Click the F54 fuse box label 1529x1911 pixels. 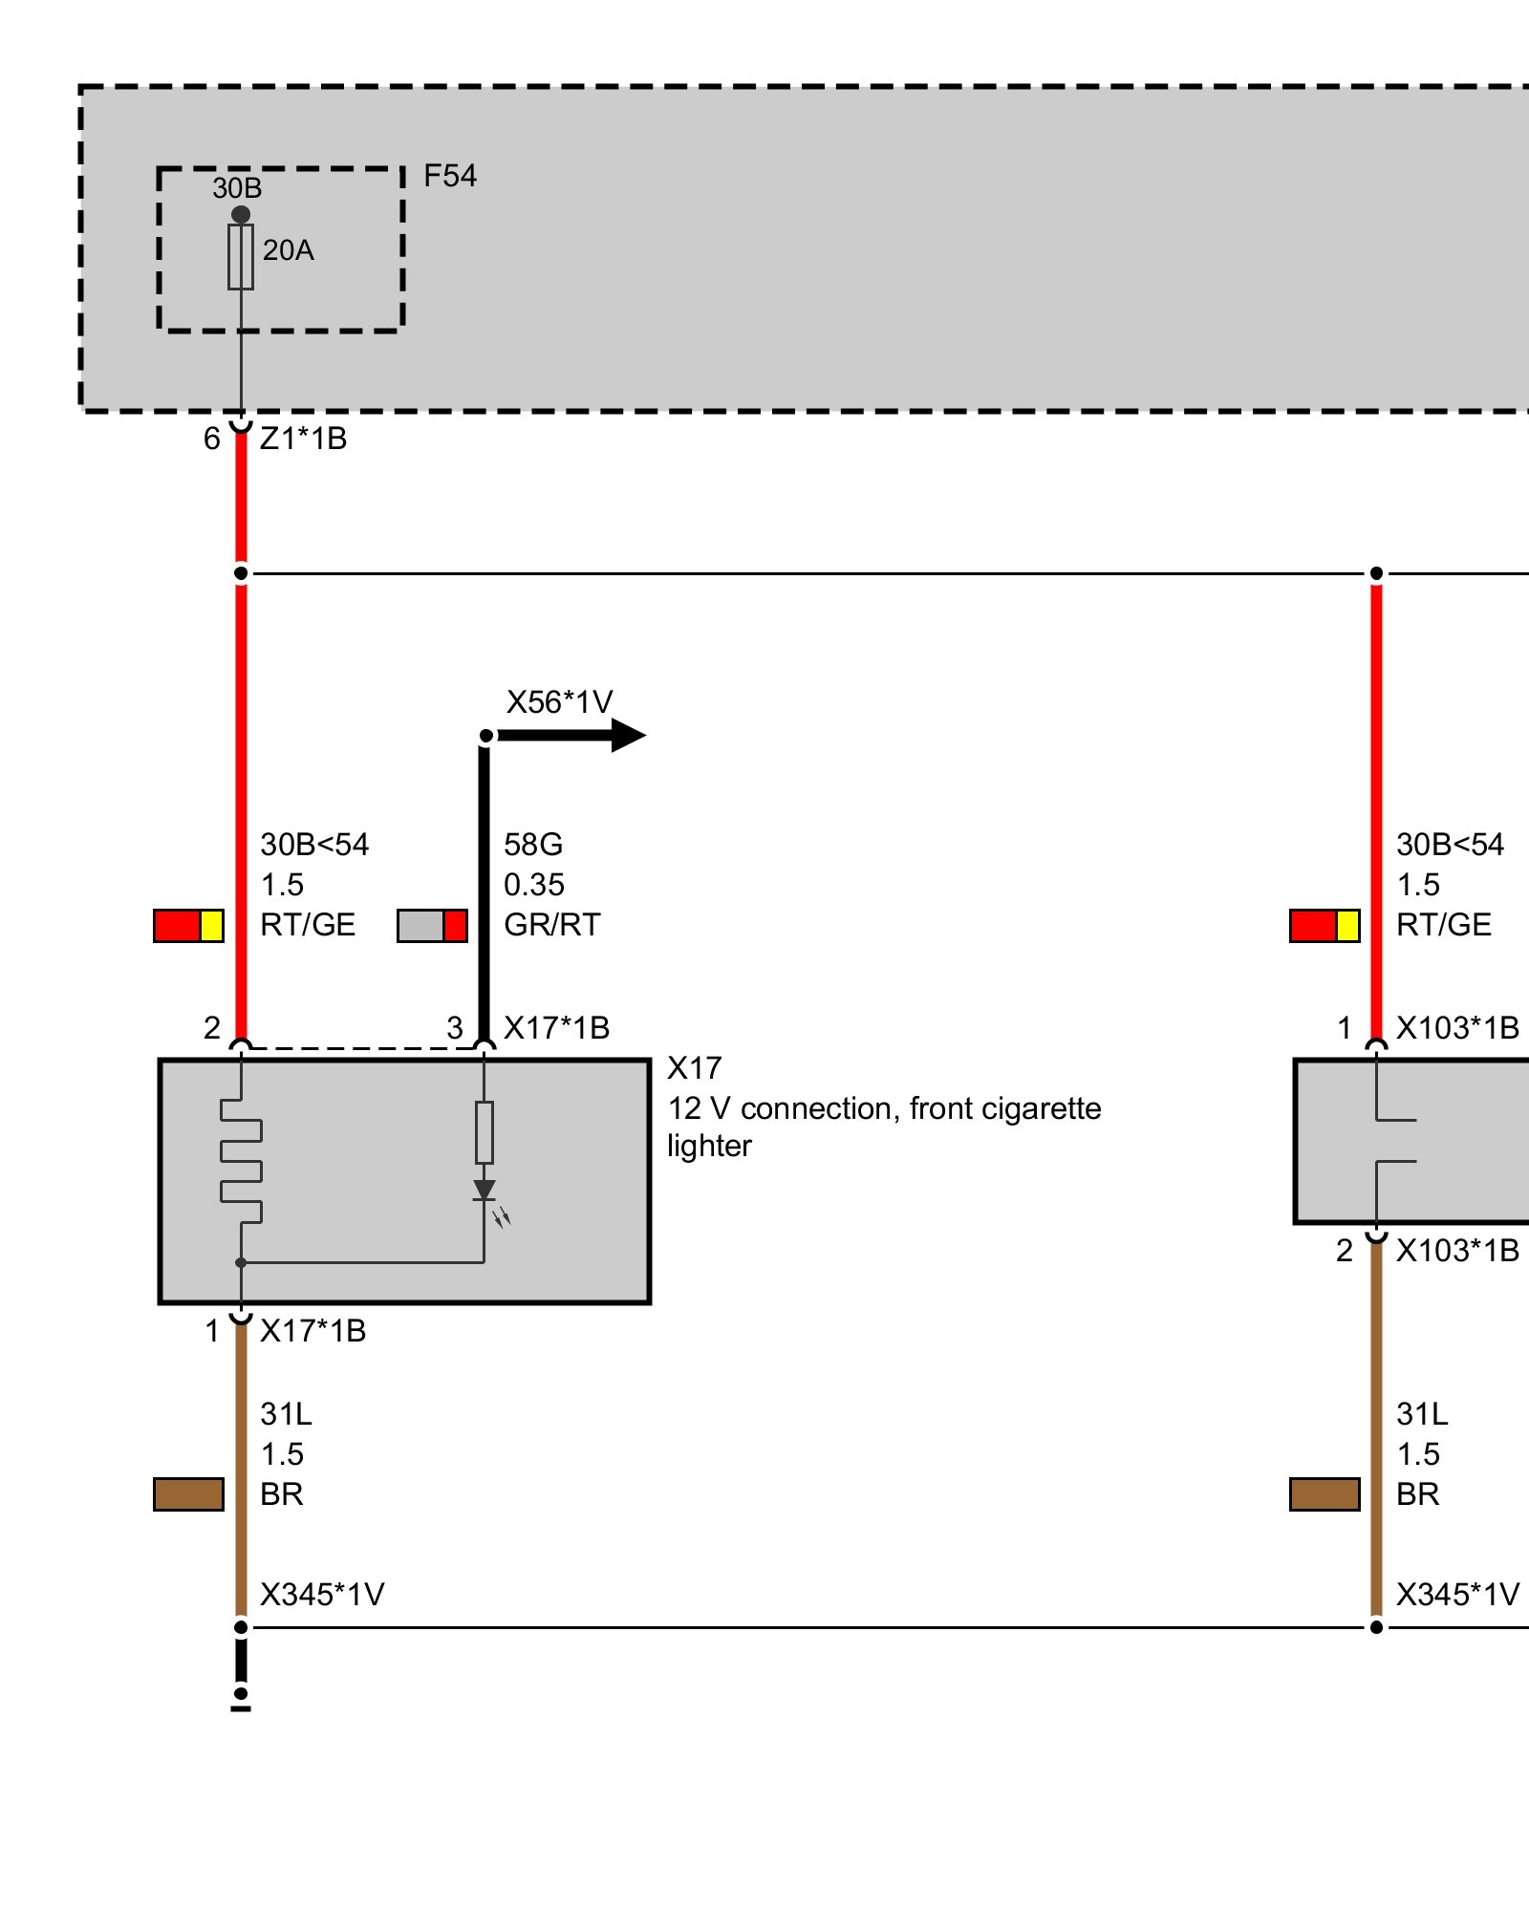click(x=449, y=176)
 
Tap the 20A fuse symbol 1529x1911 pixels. click(x=241, y=257)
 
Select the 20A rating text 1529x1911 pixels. click(x=288, y=250)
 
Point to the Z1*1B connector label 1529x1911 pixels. click(x=303, y=439)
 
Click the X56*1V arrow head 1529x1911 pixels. click(x=628, y=735)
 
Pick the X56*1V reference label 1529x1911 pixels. click(x=559, y=702)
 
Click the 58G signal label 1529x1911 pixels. click(x=533, y=845)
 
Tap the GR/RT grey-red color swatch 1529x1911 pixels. click(x=432, y=926)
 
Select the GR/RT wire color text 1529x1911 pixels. click(x=551, y=925)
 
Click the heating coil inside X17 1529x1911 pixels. click(x=241, y=1160)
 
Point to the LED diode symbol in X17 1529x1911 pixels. click(x=485, y=1191)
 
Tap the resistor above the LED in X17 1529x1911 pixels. click(x=485, y=1132)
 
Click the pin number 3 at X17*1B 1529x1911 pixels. click(x=455, y=1028)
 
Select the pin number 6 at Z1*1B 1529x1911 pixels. click(x=212, y=439)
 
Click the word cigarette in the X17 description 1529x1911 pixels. click(x=1040, y=1108)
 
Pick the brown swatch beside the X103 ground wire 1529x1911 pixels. click(x=1324, y=1494)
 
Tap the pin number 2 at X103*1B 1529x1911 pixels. click(x=1345, y=1251)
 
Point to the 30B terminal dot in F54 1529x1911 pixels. click(x=241, y=214)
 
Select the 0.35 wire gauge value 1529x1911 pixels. click(x=534, y=885)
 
